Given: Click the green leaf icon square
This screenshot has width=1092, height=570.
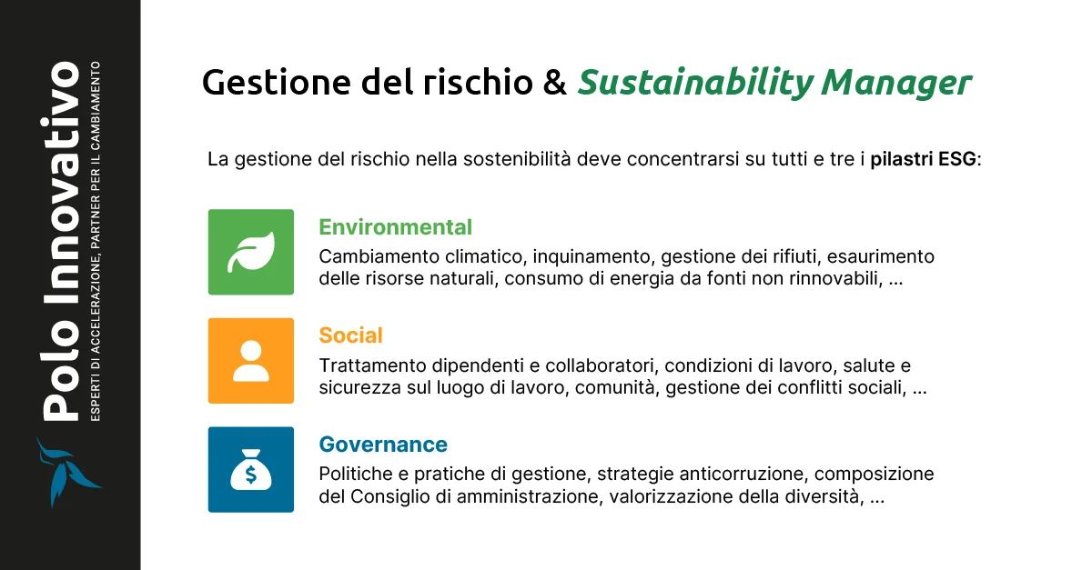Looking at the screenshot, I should point(251,252).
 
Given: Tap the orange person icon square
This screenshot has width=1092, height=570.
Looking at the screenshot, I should point(251,360).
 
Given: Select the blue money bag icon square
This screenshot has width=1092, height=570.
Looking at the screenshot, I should point(251,469).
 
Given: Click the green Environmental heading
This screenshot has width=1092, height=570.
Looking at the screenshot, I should point(395,227).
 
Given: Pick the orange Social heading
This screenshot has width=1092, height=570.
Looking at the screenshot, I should point(350,335).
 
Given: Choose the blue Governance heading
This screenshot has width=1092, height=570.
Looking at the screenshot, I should point(383,445).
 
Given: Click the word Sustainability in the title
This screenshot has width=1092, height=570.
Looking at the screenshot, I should point(694,83).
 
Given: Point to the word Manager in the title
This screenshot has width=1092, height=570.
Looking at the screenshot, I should point(896,83).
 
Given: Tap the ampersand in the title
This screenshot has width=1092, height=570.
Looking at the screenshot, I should point(555,83).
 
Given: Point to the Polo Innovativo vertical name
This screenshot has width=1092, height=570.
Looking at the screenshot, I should point(63,241).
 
